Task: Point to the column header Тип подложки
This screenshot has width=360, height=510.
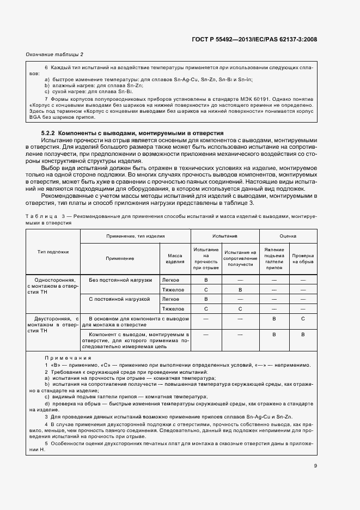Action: (x=53, y=252)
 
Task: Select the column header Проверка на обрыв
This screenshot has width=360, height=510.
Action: (x=302, y=258)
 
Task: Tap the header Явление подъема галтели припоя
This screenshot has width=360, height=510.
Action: (x=274, y=259)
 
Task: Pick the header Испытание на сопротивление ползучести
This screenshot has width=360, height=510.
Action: (x=240, y=258)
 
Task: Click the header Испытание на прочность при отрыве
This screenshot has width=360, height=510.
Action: (x=206, y=258)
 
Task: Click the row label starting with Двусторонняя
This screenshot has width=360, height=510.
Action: (x=53, y=324)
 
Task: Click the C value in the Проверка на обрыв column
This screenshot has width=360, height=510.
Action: (x=302, y=318)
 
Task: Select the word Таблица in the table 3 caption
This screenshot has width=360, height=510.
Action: (x=39, y=216)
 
